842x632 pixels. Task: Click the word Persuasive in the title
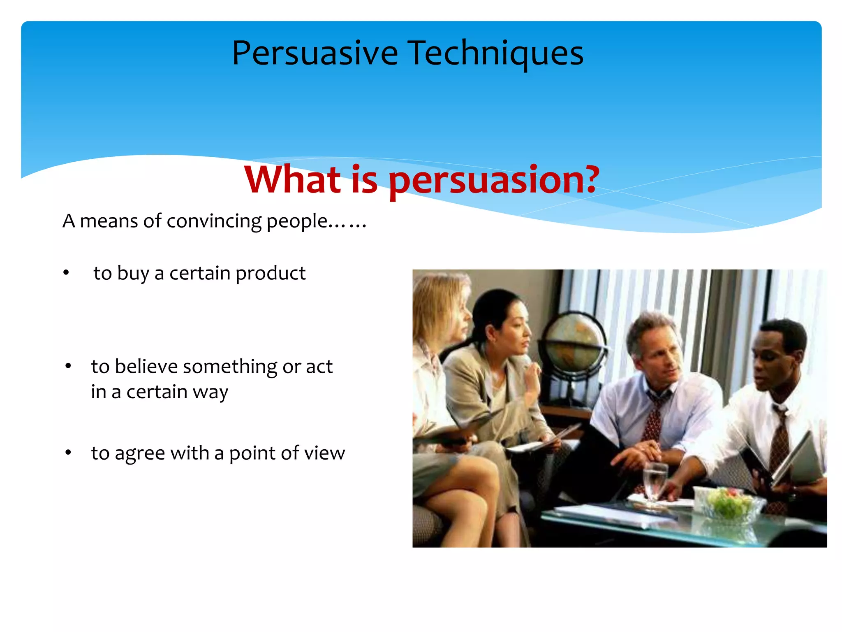315,53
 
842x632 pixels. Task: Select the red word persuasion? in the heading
493,180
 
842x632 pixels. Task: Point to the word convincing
214,221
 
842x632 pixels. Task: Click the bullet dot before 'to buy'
66,273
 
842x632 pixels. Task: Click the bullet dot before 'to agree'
68,453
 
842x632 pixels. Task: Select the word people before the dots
296,222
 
